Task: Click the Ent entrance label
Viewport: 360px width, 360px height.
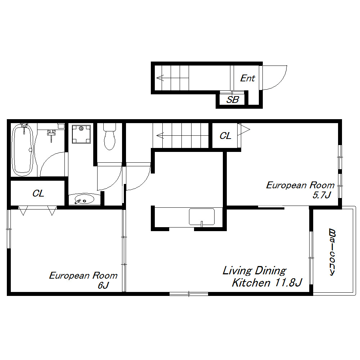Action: point(248,78)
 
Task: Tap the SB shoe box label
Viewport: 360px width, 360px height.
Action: point(233,100)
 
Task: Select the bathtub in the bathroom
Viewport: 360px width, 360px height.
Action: point(22,150)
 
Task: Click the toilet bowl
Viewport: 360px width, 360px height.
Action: point(109,137)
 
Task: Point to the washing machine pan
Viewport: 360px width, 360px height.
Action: point(81,134)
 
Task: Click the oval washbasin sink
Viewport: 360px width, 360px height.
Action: point(84,199)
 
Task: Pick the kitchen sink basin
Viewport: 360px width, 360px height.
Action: point(202,217)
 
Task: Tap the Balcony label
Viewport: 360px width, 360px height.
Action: point(332,252)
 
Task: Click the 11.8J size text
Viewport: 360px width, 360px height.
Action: point(288,283)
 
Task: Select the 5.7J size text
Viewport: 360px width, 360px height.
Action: point(321,195)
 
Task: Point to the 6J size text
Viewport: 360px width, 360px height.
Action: point(103,285)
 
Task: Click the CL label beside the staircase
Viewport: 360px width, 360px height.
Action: point(225,136)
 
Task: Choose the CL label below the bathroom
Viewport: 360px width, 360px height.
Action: point(38,193)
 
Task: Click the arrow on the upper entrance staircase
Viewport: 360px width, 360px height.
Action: point(172,78)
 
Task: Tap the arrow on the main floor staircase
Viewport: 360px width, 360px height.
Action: point(182,135)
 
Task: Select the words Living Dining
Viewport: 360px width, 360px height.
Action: point(255,271)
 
